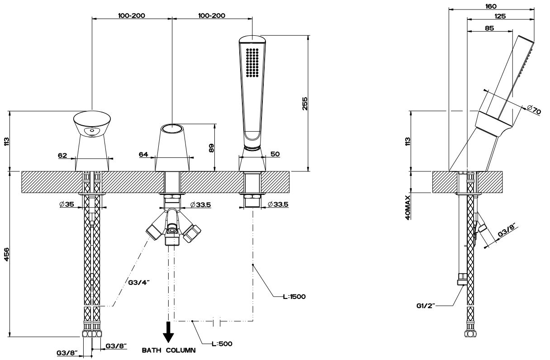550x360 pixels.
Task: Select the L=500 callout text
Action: [x=222, y=344]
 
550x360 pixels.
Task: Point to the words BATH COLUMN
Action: [x=169, y=351]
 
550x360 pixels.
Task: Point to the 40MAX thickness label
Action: [x=408, y=208]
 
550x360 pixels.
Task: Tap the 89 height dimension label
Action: [x=211, y=148]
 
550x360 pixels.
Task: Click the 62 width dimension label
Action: [x=62, y=156]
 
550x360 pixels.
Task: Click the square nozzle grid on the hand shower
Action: [x=251, y=62]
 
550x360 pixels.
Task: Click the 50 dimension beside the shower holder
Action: [x=275, y=154]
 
